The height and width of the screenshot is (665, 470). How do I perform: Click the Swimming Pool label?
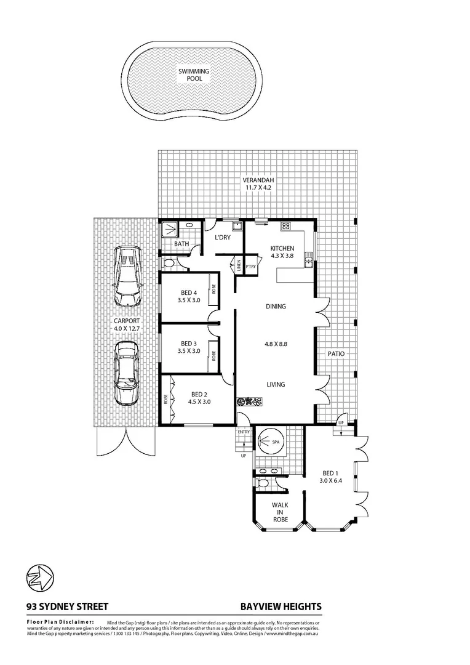pos(194,75)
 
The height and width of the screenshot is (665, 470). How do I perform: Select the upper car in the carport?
pos(128,278)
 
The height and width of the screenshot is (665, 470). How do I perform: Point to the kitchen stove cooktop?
pos(285,226)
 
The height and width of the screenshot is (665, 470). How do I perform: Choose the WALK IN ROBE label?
pos(281,512)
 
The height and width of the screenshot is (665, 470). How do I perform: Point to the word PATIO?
pos(336,354)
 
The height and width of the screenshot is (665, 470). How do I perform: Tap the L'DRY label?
pos(222,238)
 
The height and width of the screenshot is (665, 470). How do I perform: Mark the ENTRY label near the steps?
pos(244,432)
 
